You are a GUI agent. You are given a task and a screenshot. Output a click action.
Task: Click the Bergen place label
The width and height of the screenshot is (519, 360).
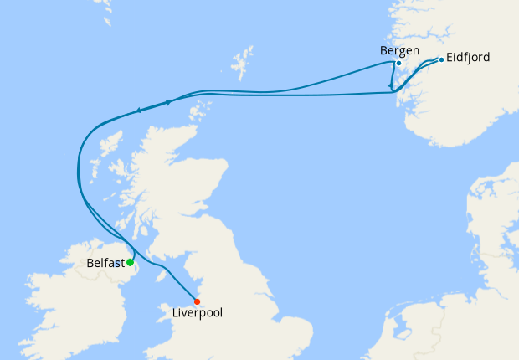pos(398,50)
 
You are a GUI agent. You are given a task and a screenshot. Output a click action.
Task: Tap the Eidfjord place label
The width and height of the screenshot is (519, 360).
pos(468,58)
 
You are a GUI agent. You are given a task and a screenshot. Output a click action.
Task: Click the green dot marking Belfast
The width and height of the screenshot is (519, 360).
pos(130,262)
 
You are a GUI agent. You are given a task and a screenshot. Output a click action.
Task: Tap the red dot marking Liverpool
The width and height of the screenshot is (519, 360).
pos(197,301)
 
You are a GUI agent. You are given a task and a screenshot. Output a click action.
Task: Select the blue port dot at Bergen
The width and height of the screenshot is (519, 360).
pos(398,64)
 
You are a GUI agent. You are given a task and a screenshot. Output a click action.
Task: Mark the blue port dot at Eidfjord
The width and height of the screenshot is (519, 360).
pos(441,59)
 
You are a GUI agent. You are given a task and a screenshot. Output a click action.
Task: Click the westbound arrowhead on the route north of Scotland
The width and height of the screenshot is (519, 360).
pos(138,110)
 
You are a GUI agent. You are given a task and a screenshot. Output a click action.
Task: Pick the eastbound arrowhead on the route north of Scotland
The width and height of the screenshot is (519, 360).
pos(169,102)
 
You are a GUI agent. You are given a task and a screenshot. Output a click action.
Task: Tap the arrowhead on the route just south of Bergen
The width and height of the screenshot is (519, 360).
pos(391,86)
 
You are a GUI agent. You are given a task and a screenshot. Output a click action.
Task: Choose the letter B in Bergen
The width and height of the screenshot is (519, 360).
pos(383,50)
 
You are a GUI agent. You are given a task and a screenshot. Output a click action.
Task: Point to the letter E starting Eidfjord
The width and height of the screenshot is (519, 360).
pos(450,58)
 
